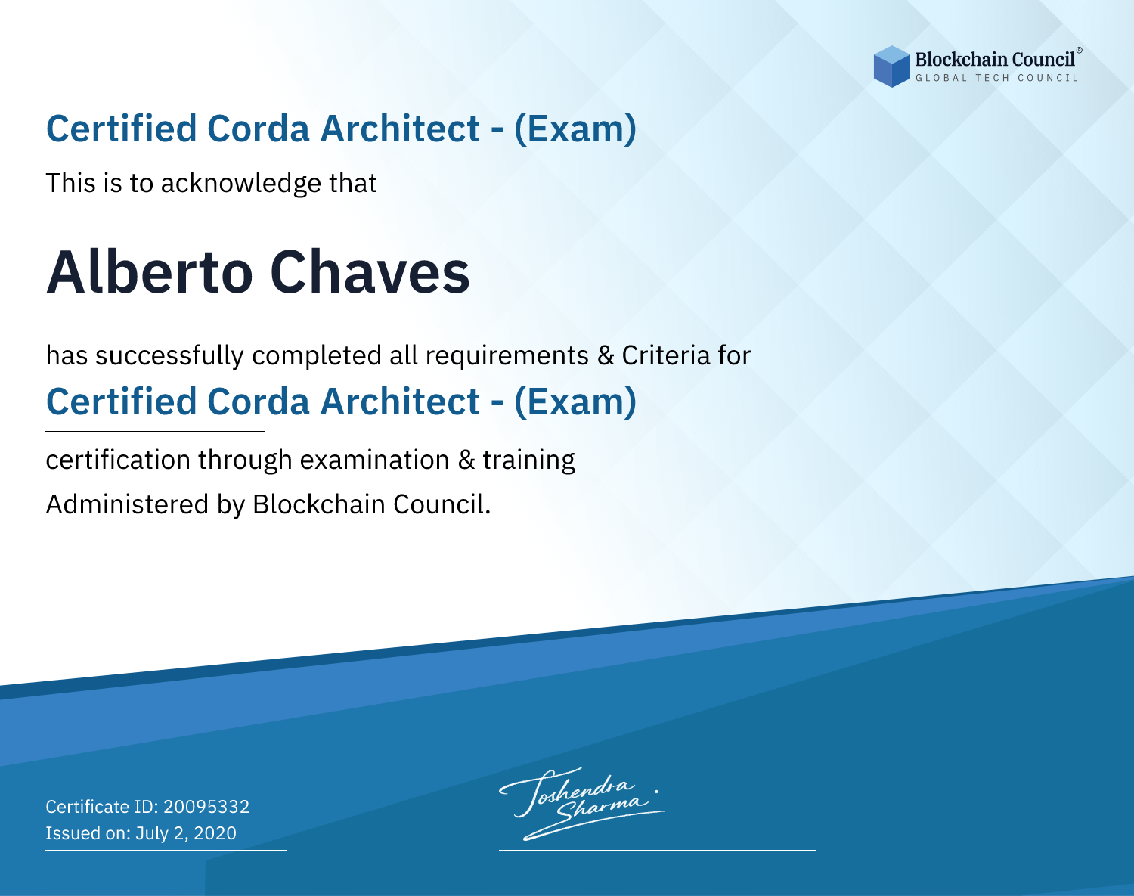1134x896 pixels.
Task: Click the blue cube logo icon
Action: coord(891,67)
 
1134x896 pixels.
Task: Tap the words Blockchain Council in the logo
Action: coord(994,60)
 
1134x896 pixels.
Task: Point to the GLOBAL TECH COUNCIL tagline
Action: coord(996,78)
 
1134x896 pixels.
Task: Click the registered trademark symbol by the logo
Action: coord(1079,50)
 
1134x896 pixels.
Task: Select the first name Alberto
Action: coord(150,272)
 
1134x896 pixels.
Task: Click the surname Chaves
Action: coord(370,272)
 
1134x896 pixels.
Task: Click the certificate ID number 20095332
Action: coord(206,806)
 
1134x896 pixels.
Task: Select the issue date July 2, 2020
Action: coord(185,833)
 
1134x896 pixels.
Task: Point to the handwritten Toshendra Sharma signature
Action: coord(581,804)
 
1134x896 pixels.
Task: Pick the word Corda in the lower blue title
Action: coord(259,401)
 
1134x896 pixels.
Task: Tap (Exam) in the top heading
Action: coord(575,129)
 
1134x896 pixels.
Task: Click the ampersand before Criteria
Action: coord(606,355)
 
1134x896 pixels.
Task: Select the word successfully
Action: coord(169,356)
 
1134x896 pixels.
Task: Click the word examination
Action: coord(375,460)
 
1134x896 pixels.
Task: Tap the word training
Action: coord(529,460)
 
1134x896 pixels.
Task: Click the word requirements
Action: coord(507,356)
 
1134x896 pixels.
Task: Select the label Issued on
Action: coord(88,833)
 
